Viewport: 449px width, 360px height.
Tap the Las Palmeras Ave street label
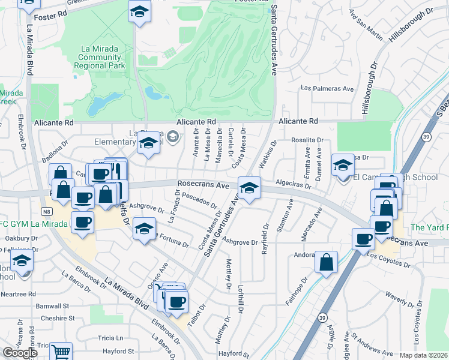[327, 89]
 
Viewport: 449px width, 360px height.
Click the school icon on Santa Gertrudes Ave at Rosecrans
[249, 188]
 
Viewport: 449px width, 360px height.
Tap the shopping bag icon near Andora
[325, 262]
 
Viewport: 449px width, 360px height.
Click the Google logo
[20, 353]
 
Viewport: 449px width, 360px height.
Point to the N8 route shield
[46, 211]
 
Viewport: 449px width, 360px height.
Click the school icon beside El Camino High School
[343, 165]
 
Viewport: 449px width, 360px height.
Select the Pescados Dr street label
[199, 199]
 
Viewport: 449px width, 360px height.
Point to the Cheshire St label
[55, 318]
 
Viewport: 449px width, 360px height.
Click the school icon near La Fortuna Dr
[143, 230]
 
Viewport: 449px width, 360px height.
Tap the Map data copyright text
[424, 355]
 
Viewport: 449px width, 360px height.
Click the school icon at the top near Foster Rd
[139, 11]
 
